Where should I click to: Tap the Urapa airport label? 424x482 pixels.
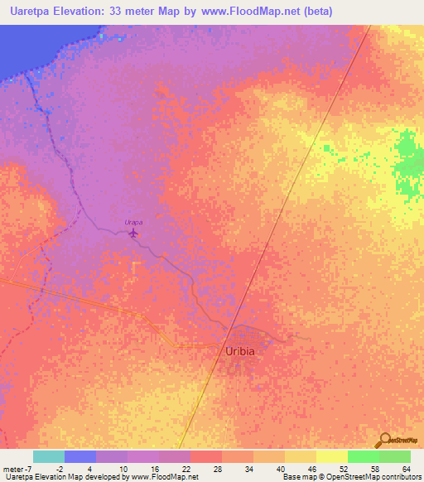(133, 222)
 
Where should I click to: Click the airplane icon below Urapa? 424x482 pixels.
(134, 234)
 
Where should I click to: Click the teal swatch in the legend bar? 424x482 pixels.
(48, 457)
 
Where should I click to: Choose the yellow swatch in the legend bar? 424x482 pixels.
(330, 457)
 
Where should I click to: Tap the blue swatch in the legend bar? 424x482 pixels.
(79, 457)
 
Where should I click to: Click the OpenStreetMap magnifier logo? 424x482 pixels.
(385, 440)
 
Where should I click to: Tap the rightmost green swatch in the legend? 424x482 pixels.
(394, 457)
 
